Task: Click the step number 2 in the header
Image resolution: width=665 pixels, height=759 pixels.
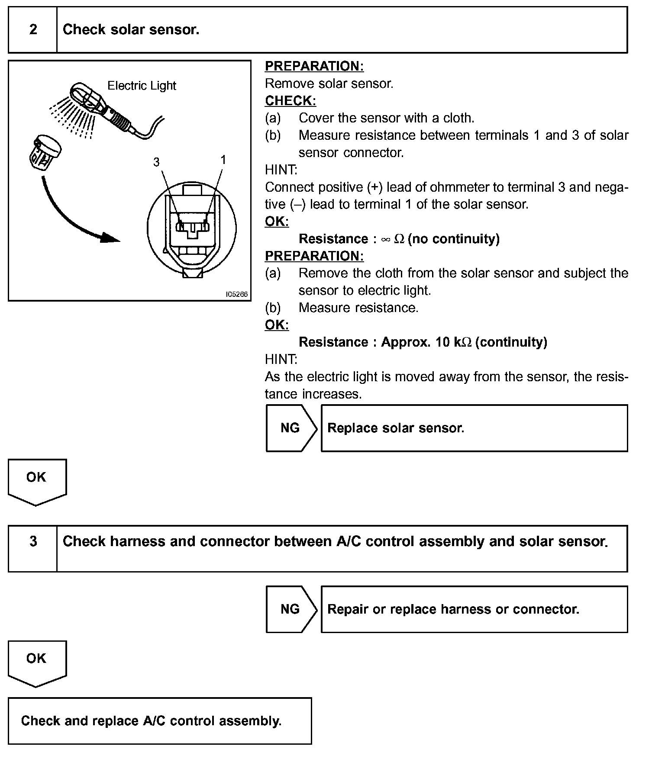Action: click(x=33, y=29)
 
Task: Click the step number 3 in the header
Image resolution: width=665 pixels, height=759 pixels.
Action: click(x=33, y=541)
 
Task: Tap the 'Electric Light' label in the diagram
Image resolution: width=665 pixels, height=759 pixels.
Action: click(x=142, y=86)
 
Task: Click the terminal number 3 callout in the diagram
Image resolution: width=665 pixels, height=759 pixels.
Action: click(x=156, y=162)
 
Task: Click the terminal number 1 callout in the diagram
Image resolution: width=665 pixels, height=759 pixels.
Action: click(x=223, y=160)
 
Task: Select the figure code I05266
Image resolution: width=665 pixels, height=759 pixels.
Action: click(x=237, y=294)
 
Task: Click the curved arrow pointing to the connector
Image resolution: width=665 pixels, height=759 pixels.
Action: click(x=74, y=216)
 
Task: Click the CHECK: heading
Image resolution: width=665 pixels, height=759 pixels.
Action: click(x=290, y=101)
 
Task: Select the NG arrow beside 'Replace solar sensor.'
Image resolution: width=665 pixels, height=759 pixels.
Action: click(x=291, y=428)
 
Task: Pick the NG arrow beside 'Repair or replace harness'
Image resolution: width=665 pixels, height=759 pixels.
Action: click(x=291, y=609)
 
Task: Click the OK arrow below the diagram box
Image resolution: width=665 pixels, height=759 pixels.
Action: click(x=36, y=480)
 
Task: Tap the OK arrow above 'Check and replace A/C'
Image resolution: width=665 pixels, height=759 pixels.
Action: click(x=36, y=662)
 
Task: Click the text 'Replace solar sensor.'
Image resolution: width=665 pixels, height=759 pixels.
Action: click(x=396, y=428)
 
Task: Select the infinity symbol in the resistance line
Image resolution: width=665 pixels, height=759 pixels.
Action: click(x=385, y=239)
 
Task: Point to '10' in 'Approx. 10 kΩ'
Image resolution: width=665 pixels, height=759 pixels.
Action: click(x=443, y=342)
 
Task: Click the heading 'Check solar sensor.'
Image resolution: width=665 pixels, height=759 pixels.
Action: click(x=131, y=29)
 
